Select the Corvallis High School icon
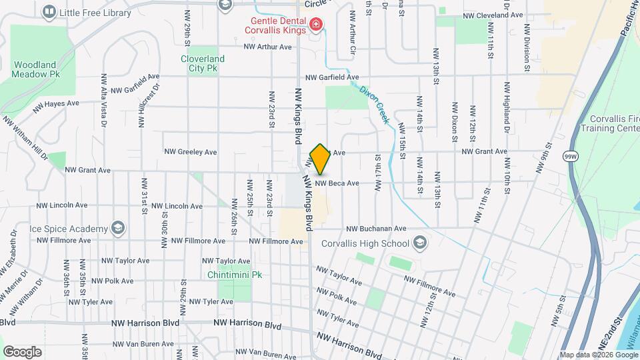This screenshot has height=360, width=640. [x=419, y=242]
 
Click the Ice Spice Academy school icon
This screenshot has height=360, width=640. [x=118, y=228]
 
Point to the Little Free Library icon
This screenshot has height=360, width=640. [x=49, y=12]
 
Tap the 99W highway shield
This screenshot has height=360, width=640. [x=570, y=156]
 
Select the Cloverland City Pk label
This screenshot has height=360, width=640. [x=203, y=63]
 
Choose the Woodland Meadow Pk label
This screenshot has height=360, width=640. [x=36, y=70]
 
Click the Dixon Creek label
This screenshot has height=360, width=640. [x=373, y=105]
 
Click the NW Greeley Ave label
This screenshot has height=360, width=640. [x=191, y=152]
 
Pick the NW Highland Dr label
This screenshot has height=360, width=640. [x=507, y=103]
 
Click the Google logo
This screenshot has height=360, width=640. [x=22, y=351]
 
